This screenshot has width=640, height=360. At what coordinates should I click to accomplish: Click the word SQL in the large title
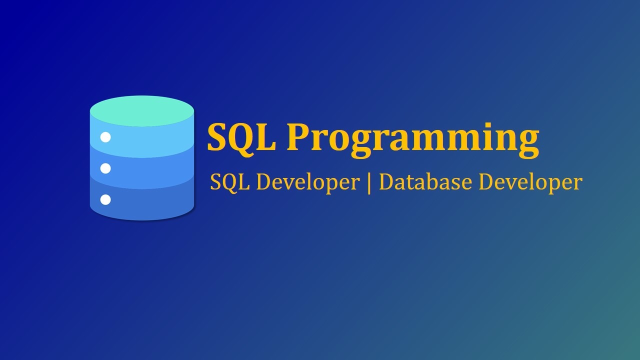[241, 137]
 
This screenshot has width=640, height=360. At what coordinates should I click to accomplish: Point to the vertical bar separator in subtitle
[369, 183]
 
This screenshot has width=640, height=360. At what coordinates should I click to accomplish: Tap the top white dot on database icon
[105, 137]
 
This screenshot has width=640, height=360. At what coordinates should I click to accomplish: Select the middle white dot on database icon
[105, 168]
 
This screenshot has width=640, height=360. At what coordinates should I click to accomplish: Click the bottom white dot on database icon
[105, 200]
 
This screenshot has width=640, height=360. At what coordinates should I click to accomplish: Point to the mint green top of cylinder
[142, 110]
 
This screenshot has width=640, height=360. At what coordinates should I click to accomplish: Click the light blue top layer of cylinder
[150, 140]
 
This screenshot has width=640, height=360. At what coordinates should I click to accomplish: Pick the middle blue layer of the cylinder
[150, 172]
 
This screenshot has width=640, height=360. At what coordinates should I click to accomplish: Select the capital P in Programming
[296, 137]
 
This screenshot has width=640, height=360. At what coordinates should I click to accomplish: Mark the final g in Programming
[527, 142]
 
